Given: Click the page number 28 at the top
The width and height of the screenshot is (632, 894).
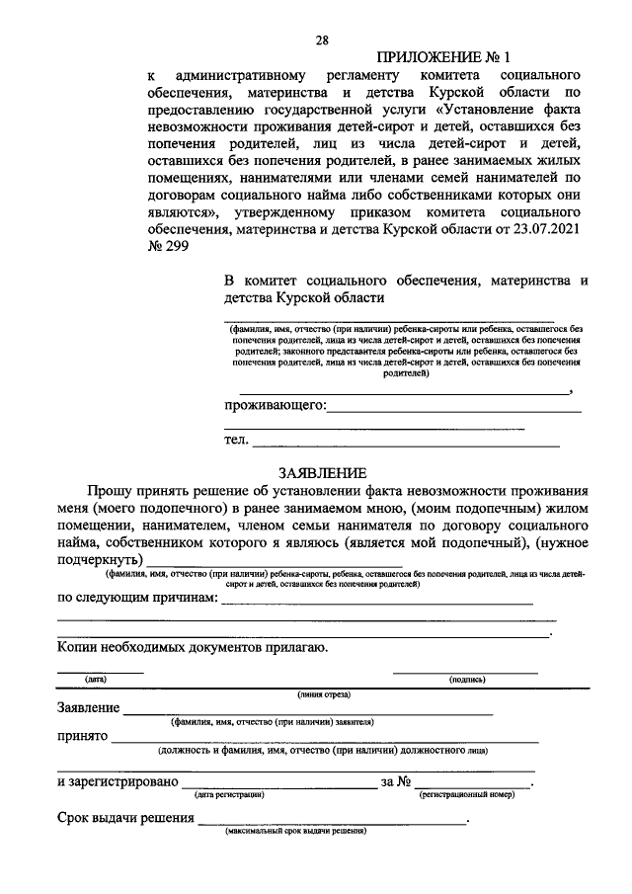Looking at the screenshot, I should (321, 41).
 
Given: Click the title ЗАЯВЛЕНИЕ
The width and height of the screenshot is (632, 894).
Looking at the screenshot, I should (323, 473).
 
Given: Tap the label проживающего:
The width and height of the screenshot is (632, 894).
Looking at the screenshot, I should (275, 405).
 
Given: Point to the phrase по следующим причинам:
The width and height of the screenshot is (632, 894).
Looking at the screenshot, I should (136, 598).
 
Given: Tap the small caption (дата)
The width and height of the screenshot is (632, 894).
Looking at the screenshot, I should (96, 680).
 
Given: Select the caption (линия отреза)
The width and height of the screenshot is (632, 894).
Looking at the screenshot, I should (323, 694).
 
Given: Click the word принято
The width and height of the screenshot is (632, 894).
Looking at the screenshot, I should (81, 736).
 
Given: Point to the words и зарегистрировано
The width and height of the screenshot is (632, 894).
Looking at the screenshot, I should (118, 781).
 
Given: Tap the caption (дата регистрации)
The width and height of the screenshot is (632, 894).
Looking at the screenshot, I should (229, 793).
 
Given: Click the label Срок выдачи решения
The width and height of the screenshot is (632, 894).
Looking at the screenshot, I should (124, 819).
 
